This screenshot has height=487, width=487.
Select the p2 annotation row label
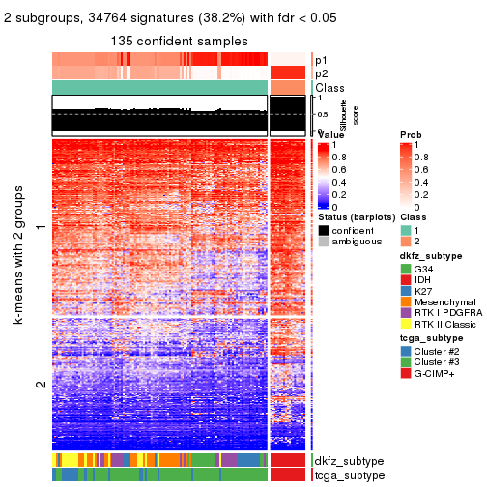coord(321,73)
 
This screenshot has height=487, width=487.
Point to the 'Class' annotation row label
coord(329,88)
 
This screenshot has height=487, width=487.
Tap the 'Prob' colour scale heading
coord(410,135)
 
